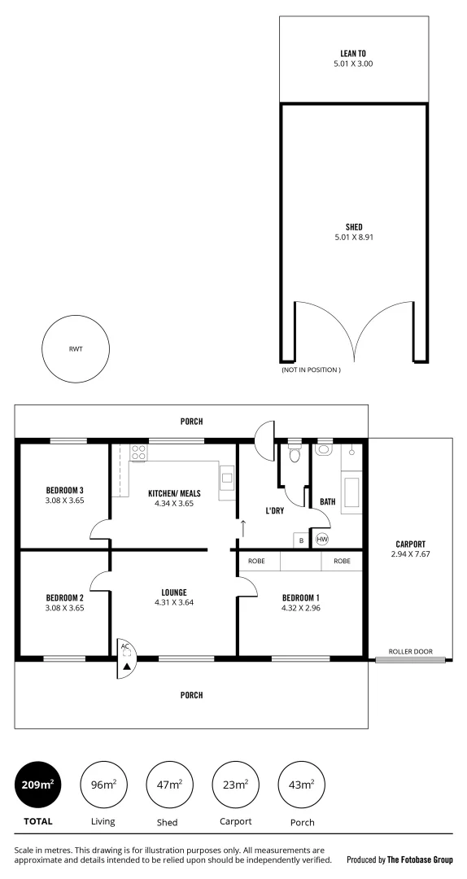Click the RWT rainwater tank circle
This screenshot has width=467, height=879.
[x=76, y=349]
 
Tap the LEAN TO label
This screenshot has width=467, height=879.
[x=352, y=53]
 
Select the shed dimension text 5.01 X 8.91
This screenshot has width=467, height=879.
[x=352, y=237]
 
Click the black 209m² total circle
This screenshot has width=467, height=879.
[x=38, y=785]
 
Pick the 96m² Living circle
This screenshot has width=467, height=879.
[x=103, y=785]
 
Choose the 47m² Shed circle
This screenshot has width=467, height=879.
[x=168, y=785]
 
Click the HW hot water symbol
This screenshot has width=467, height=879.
[x=321, y=539]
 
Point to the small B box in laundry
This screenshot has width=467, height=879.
[x=301, y=540]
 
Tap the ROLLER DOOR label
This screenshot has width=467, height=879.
[x=410, y=652]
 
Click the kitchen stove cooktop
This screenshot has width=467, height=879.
[x=138, y=453]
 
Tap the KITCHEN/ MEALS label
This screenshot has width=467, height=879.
[x=173, y=493]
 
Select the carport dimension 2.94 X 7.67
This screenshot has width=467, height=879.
[x=410, y=554]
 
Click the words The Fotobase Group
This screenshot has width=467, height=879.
[x=420, y=859]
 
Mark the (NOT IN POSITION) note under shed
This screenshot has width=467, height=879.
[x=311, y=370]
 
